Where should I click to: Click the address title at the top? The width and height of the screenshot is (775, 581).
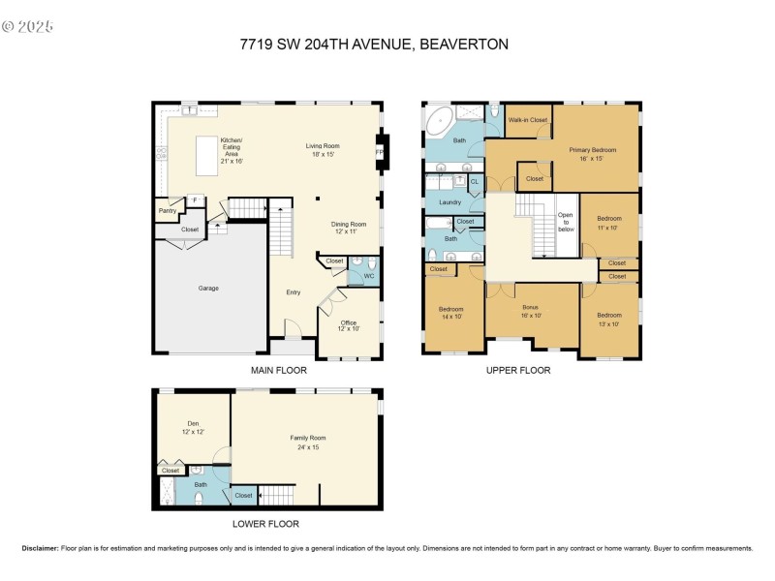(374, 44)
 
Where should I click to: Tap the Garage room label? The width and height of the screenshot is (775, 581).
(208, 288)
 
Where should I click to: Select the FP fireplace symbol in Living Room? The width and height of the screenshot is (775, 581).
(379, 153)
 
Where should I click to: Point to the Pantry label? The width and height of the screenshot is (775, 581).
(167, 210)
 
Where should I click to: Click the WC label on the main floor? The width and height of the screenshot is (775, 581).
(368, 277)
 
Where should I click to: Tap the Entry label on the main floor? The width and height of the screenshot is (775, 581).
(293, 291)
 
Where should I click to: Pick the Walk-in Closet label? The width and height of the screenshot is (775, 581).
(528, 120)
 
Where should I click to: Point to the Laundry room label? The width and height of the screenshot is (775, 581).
(449, 202)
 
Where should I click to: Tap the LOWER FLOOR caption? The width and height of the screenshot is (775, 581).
(265, 524)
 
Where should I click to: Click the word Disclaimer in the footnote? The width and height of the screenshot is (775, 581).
(40, 548)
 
